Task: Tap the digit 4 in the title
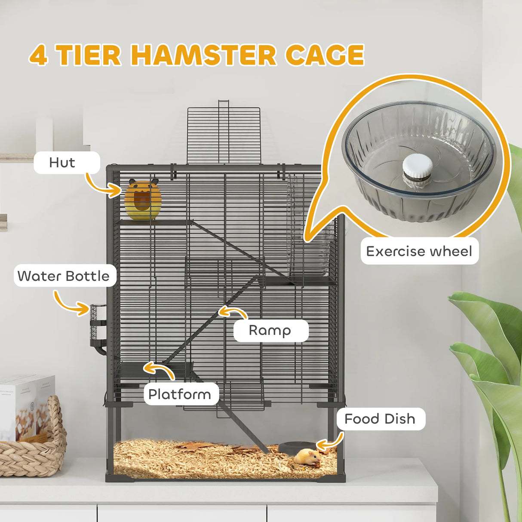coord(39,56)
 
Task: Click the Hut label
coord(62,163)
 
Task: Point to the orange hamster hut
coord(143,200)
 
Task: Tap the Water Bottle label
coord(64,276)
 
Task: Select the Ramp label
coord(270,330)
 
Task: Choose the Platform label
coord(180,394)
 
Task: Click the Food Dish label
coord(380,419)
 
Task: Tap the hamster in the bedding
coord(307,456)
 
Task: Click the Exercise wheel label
coord(419,251)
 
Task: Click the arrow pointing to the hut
coord(103,186)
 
